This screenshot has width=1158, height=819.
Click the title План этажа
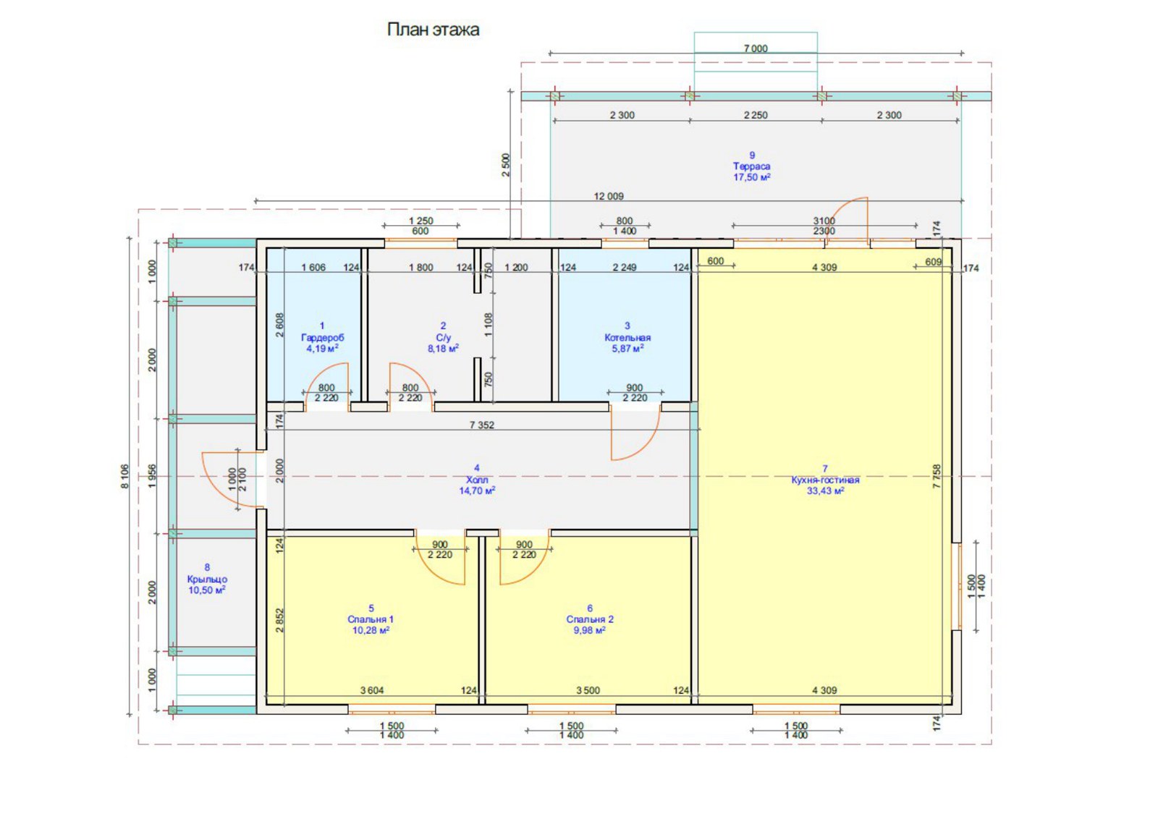(434, 30)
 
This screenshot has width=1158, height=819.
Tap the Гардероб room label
(322, 337)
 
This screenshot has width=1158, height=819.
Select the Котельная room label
(627, 337)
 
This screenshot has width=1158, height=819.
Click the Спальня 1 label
(371, 619)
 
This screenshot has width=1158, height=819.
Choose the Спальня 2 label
(590, 619)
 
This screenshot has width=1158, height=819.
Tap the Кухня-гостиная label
(825, 480)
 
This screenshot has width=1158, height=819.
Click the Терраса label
(752, 166)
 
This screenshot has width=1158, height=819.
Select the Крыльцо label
(207, 580)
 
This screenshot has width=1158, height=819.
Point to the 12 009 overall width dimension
(609, 196)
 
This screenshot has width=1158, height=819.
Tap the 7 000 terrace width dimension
(756, 48)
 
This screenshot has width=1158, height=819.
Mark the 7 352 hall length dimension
(482, 425)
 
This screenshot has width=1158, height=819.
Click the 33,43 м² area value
(826, 491)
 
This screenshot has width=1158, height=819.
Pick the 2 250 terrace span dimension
(756, 115)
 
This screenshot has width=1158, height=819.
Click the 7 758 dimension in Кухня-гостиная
(937, 477)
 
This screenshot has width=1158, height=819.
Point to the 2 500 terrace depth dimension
(506, 164)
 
